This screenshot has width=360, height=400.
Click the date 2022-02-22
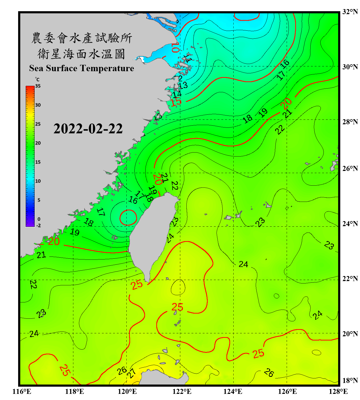click(x=88, y=129)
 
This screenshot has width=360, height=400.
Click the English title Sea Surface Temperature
click(x=82, y=68)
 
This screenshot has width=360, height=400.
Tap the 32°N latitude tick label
click(x=350, y=12)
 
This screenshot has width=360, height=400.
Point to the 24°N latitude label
click(x=350, y=224)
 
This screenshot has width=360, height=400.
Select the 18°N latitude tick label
click(x=350, y=381)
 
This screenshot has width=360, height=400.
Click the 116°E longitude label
click(x=22, y=391)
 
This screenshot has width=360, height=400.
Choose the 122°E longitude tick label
click(x=182, y=391)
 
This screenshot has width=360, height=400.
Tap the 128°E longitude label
click(x=338, y=391)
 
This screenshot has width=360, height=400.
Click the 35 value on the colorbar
click(x=38, y=86)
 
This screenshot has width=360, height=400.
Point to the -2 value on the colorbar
click(x=38, y=226)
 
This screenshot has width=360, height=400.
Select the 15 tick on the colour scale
click(x=38, y=162)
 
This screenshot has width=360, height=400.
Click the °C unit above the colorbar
click(x=37, y=79)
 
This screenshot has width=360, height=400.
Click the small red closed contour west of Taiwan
click(x=128, y=218)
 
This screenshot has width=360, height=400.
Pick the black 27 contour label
click(x=131, y=373)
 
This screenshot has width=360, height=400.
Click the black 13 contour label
click(x=183, y=86)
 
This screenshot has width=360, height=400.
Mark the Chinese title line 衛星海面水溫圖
click(x=81, y=54)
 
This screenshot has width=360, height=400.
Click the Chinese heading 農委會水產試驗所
click(x=82, y=38)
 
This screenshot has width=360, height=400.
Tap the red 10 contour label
click(x=175, y=47)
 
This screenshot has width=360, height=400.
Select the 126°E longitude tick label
click(x=287, y=391)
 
